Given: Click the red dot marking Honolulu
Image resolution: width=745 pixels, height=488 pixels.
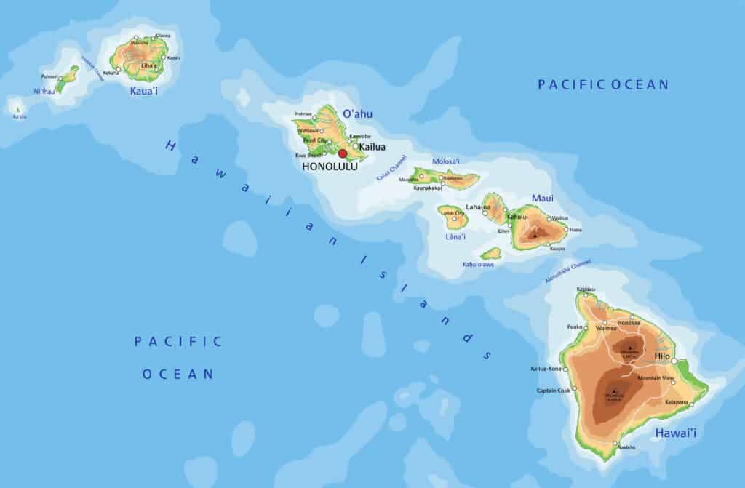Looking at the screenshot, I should point(343,153).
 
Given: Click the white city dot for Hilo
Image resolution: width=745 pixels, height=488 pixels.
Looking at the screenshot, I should point(674,361).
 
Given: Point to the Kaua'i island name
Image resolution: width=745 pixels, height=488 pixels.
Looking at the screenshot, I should point(143,91).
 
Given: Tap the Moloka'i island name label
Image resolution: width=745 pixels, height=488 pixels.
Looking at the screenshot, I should point(446,161).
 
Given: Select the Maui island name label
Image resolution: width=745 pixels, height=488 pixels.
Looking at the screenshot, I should point(542,197).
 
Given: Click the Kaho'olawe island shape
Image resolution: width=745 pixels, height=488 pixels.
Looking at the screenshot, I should point(492,254).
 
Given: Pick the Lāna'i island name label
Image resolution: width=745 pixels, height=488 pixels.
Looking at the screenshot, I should point(454,236).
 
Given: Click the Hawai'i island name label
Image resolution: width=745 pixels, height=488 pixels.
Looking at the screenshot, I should point(675,433).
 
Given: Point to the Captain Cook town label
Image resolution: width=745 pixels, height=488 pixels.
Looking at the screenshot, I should point(553,391).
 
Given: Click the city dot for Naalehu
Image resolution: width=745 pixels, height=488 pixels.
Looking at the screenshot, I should point(616,444).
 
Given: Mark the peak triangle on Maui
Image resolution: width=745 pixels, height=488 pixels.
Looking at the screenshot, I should point(535,235).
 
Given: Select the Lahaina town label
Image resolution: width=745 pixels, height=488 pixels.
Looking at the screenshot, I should point(477,207).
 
